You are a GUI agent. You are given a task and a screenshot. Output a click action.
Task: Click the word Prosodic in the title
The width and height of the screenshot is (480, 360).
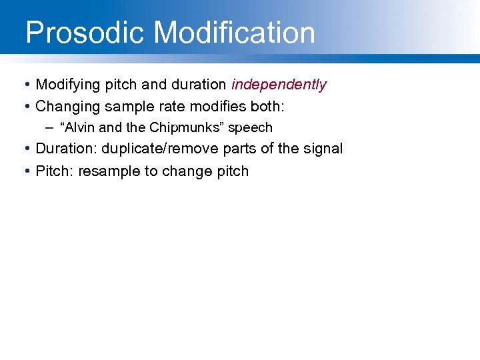(83, 33)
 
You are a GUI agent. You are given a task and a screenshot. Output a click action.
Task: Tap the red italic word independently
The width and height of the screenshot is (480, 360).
(279, 85)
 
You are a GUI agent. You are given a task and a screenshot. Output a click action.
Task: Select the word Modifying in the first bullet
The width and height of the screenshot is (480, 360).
(67, 85)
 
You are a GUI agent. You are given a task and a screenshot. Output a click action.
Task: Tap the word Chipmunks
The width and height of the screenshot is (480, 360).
(183, 127)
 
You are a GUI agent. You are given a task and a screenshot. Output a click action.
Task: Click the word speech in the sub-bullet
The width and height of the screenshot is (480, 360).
(251, 127)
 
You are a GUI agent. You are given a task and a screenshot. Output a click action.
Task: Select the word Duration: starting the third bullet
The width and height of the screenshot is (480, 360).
(66, 149)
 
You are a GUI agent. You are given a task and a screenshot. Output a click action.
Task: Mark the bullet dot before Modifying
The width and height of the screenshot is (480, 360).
(25, 85)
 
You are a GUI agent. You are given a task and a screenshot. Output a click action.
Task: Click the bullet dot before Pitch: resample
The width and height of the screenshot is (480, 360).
(25, 172)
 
